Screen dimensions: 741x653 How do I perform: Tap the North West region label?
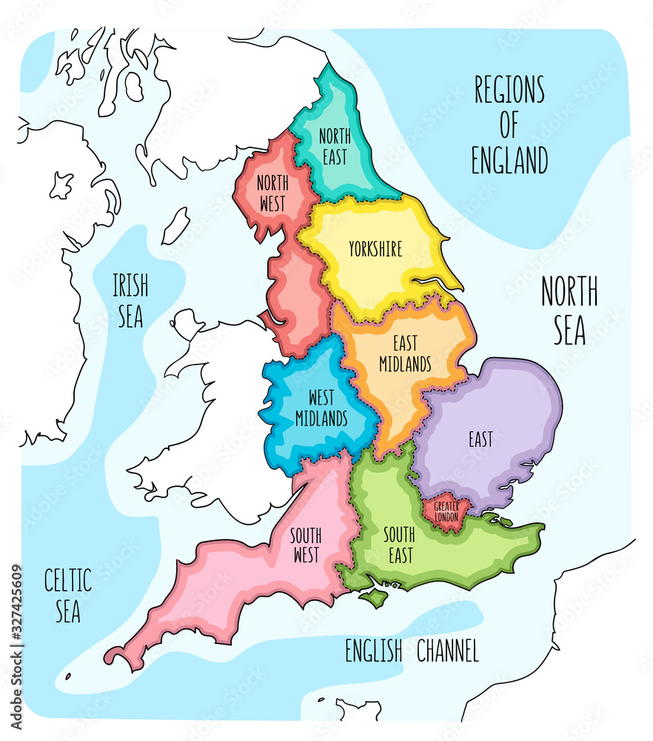[x=272, y=193]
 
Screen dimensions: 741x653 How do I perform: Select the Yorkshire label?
[x=375, y=249]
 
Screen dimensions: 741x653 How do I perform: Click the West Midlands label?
[x=321, y=408]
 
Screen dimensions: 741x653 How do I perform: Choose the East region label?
[x=480, y=439]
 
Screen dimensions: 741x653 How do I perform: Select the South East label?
[x=398, y=545]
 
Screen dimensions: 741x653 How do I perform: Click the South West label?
[x=304, y=545]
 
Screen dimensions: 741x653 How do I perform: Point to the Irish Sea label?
[x=130, y=301]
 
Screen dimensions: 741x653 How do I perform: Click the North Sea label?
[x=569, y=310]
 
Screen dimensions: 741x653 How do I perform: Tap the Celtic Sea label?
[x=67, y=597]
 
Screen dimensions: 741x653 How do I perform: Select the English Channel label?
[x=412, y=651]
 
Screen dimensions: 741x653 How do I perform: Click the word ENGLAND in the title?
[x=510, y=160]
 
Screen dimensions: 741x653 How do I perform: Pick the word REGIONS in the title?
[x=509, y=90]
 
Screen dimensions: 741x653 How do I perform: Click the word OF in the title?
[x=509, y=125]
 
